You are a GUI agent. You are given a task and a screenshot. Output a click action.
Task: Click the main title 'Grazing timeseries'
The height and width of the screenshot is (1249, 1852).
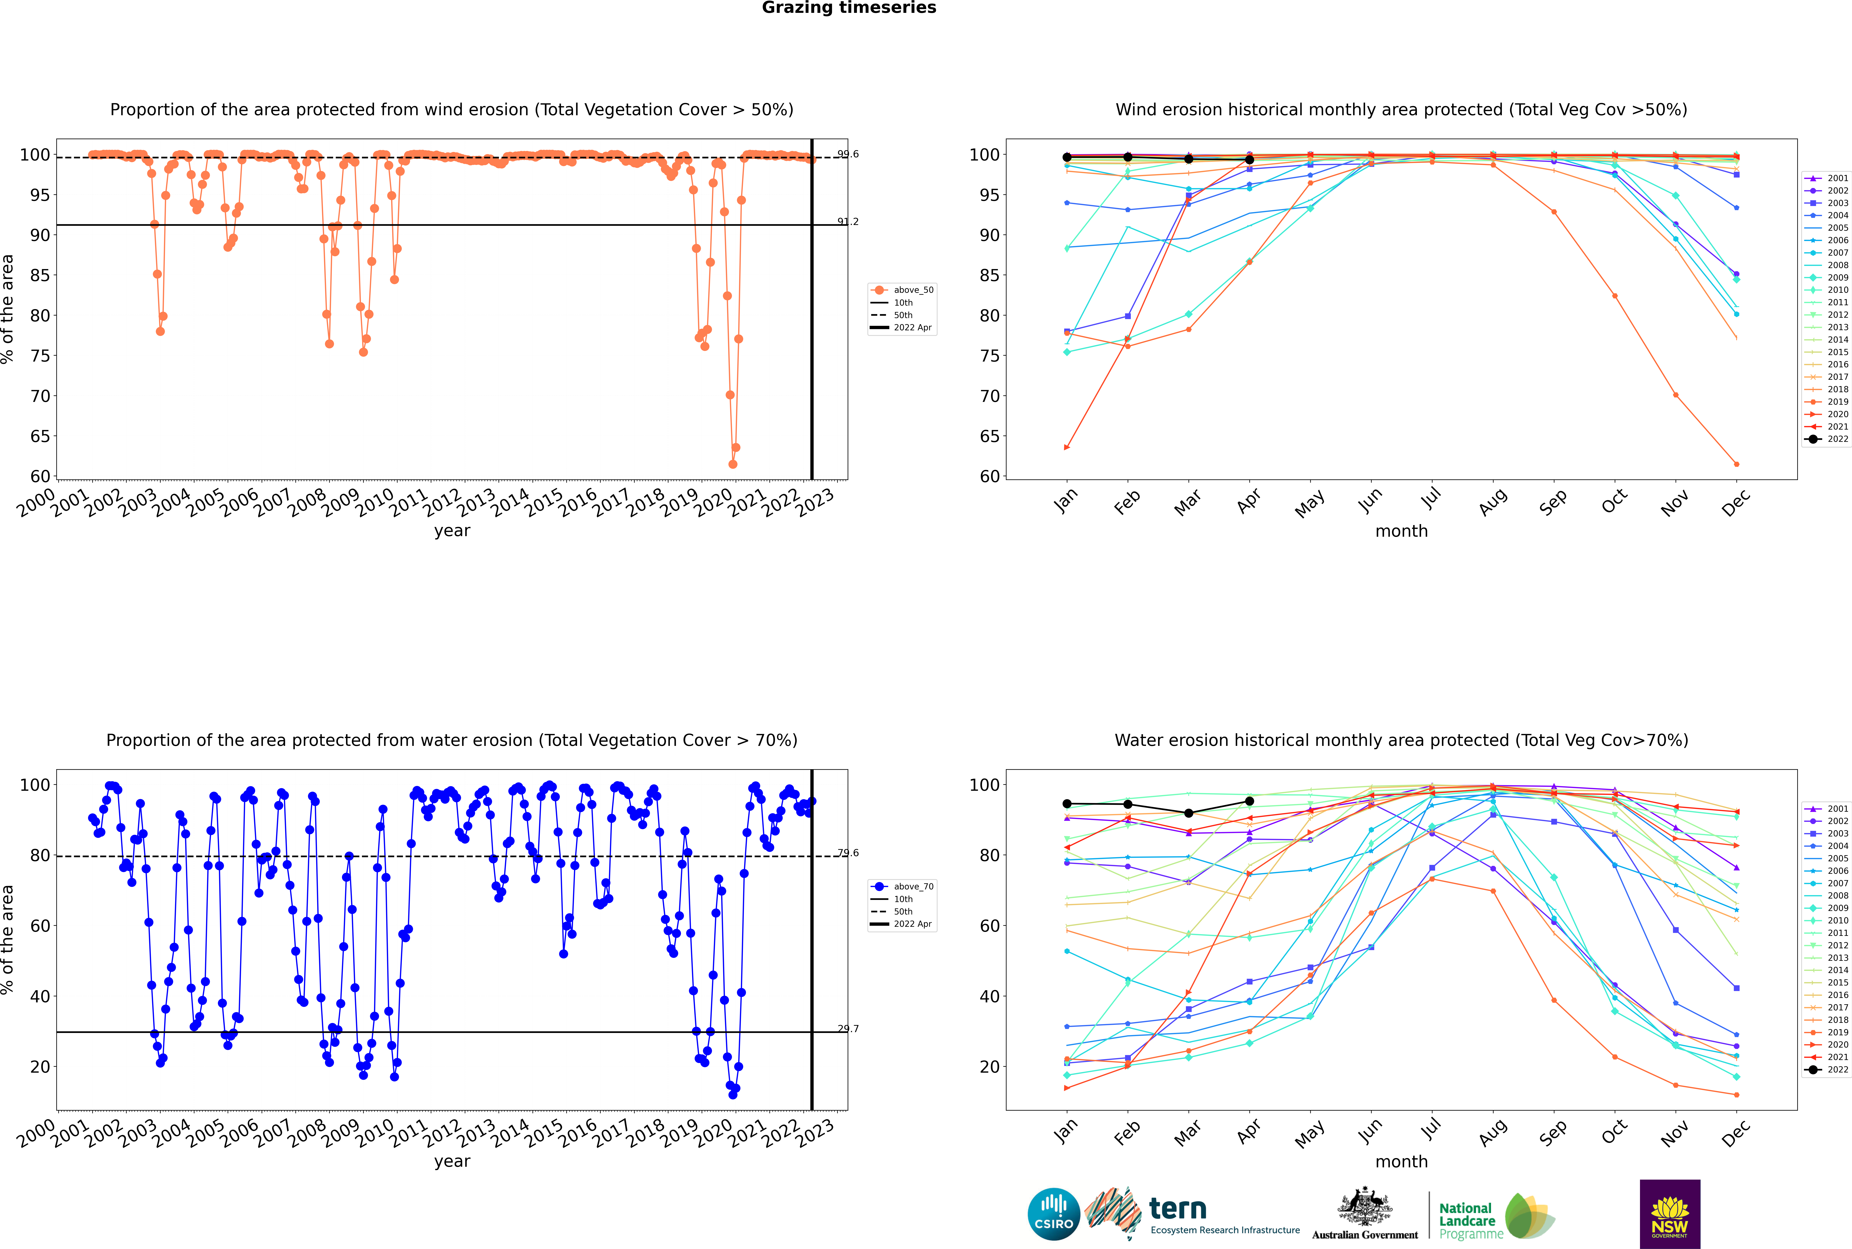coord(849,8)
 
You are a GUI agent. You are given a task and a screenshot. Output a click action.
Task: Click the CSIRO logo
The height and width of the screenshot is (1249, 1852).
coord(1053,1214)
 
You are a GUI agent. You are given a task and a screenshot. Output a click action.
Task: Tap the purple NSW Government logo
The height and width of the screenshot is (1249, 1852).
coord(1670,1213)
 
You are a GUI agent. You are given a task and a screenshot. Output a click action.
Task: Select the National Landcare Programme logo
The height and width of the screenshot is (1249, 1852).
coord(1495,1216)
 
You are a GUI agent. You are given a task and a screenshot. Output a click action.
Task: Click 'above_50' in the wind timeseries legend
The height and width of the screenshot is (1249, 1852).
coord(913,290)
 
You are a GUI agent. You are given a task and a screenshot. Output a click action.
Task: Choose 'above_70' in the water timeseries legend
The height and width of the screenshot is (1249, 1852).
coord(913,887)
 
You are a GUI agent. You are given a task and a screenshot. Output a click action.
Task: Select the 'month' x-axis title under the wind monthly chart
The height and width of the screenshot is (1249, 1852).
coord(1401,531)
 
